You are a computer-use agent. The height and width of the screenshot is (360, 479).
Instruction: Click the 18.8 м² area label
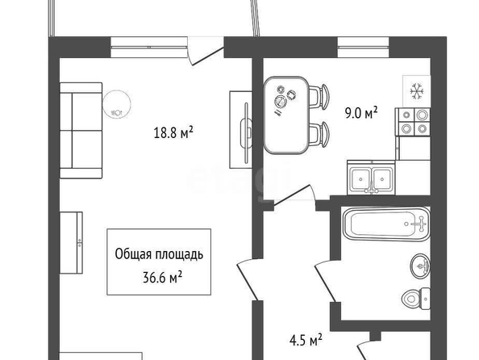pos(173,132)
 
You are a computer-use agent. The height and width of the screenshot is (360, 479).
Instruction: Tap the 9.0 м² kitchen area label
pos(361,113)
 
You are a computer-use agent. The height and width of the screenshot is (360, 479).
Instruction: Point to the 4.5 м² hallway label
pos(306,340)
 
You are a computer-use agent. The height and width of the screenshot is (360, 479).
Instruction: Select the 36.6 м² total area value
pos(163,278)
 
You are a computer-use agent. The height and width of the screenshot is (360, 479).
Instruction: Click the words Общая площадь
pos(159,254)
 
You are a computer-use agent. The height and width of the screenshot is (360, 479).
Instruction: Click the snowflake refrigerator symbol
pos(416,91)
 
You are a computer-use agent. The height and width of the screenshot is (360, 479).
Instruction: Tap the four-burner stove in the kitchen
pos(413,122)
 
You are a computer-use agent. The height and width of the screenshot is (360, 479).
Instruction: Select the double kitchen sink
pos(371,178)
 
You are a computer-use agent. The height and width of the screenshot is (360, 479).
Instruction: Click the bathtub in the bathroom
pos(386,224)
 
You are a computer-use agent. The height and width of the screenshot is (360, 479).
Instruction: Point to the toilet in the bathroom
pos(416,299)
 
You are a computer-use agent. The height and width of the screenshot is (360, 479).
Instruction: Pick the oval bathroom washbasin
pos(420,266)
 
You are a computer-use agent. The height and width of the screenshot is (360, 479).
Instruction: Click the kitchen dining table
pos(286,115)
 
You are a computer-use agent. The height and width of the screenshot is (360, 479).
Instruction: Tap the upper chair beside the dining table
pos(319,96)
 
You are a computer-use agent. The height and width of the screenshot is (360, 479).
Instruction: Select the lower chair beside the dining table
pos(319,134)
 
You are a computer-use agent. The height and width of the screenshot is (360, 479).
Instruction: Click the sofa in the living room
pos(81,130)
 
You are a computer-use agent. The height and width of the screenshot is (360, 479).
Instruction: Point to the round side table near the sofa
pos(117,104)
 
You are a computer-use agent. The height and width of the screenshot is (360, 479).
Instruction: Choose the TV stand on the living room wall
pos(241,130)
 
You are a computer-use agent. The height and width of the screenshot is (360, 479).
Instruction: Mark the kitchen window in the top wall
pos(363,47)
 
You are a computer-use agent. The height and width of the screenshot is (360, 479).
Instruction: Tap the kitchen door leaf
pos(293,195)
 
